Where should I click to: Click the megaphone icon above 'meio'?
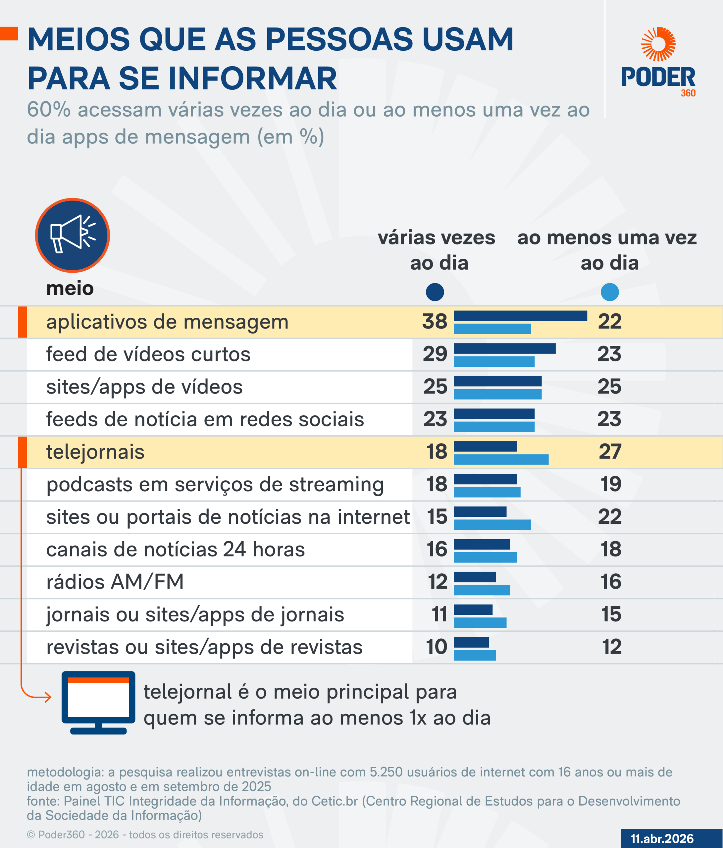click(73, 235)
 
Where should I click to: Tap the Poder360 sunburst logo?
click(658, 44)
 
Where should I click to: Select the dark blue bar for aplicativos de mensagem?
click(520, 316)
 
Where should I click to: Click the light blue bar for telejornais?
click(501, 459)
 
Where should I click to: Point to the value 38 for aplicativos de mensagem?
click(435, 322)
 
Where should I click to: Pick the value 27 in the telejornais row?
click(610, 452)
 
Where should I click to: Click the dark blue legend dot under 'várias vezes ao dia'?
click(435, 292)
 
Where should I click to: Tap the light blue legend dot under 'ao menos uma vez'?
click(610, 292)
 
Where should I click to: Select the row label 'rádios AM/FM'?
click(115, 582)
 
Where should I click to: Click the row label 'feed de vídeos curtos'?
click(148, 354)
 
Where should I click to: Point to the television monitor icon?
click(98, 702)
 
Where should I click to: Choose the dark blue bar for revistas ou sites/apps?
click(471, 642)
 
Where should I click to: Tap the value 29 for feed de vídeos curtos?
click(435, 354)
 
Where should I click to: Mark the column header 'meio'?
click(70, 289)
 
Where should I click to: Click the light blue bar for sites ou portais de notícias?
click(492, 525)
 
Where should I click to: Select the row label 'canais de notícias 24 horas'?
click(176, 550)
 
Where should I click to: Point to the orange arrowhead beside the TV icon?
click(48, 697)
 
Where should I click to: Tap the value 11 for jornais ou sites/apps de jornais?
click(439, 615)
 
